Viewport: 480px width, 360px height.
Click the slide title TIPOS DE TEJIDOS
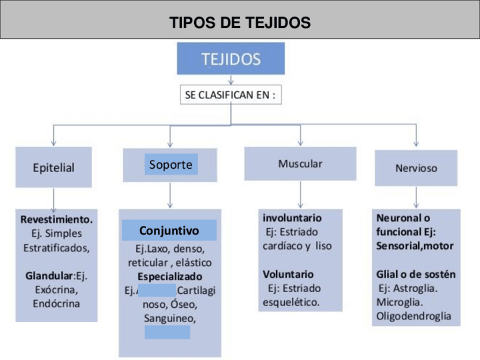[240, 23]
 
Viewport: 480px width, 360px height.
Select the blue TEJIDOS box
[231, 58]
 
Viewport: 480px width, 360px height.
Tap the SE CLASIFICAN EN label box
[231, 95]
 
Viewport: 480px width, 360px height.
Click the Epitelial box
[54, 168]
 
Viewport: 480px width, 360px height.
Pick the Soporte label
[170, 165]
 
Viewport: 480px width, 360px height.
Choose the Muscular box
[300, 164]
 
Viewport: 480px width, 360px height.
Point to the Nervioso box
[416, 168]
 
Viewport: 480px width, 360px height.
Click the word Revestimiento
[56, 219]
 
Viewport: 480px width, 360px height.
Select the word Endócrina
[56, 303]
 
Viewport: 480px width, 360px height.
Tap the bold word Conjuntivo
[169, 231]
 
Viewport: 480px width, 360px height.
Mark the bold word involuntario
[292, 218]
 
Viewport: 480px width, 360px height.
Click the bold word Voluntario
[288, 274]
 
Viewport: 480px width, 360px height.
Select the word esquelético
[291, 302]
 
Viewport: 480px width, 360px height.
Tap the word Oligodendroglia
[414, 315]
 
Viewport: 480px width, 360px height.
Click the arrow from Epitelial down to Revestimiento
[54, 199]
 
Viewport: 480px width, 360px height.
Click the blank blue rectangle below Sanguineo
[167, 332]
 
